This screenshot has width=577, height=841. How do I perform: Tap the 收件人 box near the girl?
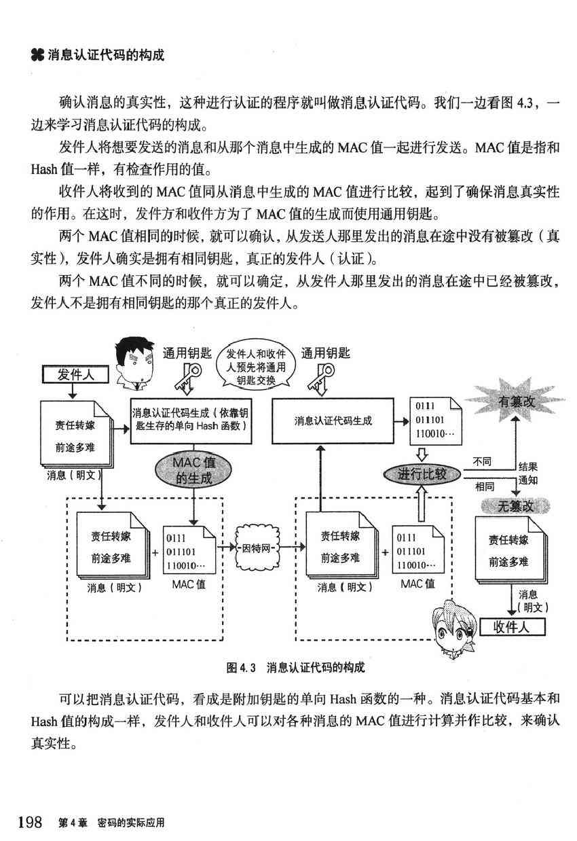(513, 625)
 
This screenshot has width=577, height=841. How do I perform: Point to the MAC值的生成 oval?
(194, 470)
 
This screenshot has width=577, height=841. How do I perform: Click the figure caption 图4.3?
(295, 667)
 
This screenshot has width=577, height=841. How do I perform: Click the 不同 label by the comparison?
(482, 462)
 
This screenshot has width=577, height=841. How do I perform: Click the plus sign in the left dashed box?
(155, 552)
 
